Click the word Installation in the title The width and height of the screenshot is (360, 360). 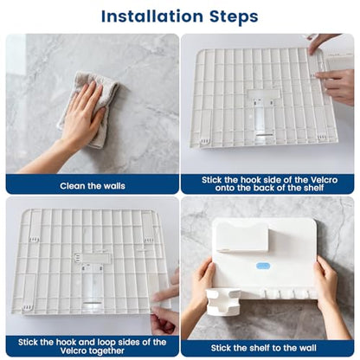(x=152, y=16)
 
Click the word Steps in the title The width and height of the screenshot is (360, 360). (x=234, y=17)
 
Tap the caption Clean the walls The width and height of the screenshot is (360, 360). (x=93, y=186)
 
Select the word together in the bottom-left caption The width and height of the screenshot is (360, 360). (x=106, y=350)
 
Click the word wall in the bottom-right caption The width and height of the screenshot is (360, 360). (x=307, y=348)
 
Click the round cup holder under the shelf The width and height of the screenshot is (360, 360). (x=222, y=301)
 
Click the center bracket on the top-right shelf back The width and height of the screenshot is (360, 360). (x=263, y=114)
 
